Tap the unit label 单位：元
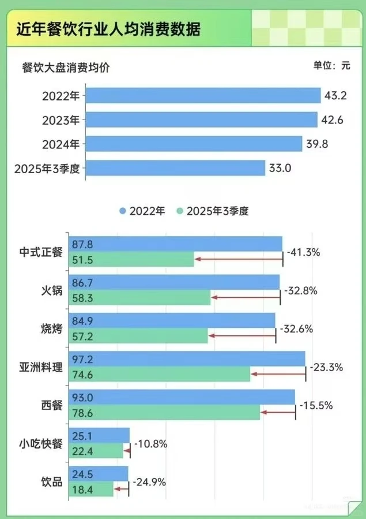tap(331, 65)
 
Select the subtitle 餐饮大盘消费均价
tap(66, 66)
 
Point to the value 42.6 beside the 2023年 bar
tap(334, 120)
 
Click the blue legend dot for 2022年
tap(123, 211)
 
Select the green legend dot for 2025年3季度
tap(180, 211)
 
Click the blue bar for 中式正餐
tap(176, 244)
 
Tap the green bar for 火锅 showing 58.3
tap(139, 298)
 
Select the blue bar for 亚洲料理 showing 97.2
tap(187, 358)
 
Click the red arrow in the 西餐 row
tap(278, 412)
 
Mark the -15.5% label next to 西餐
tap(316, 405)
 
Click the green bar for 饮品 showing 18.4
tap(91, 489)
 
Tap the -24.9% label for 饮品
tap(149, 481)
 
